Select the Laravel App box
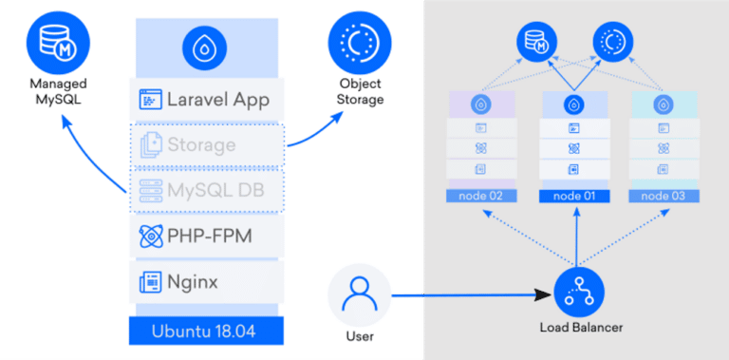coord(206,99)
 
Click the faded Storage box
coord(206,145)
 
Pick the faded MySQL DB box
coord(206,190)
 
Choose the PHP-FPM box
coord(206,236)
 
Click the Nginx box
coord(206,281)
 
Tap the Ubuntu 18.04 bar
coord(206,332)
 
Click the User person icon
coord(359,296)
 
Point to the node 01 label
coord(573,196)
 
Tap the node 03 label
coord(663,196)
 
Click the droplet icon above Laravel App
coord(206,47)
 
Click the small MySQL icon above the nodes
coord(536,43)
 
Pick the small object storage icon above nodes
coord(611,43)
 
